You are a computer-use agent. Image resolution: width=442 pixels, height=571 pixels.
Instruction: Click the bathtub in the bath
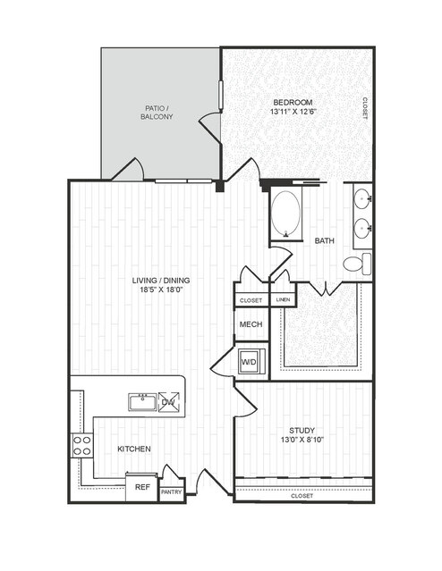point(286,214)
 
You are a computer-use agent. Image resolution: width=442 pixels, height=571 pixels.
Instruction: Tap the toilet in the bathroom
point(357,264)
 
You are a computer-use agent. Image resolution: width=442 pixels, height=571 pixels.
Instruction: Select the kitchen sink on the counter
point(142,402)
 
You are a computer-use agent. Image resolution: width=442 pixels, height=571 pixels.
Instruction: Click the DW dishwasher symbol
point(169,402)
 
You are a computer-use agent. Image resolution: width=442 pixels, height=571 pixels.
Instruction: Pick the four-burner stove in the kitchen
point(82,446)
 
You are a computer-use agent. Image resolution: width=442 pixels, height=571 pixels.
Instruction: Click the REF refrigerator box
point(142,487)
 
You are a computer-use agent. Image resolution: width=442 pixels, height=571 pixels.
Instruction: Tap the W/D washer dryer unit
point(251,362)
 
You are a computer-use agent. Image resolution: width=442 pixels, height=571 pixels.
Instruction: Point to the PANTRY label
point(172,492)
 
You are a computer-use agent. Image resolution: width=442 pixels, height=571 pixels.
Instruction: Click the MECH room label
point(251,324)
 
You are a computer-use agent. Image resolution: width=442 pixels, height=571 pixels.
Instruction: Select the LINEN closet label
point(283,299)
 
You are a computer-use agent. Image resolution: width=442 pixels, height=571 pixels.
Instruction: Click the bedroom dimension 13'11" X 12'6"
point(293,112)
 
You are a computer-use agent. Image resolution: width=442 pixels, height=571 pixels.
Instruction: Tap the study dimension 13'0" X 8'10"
point(302,440)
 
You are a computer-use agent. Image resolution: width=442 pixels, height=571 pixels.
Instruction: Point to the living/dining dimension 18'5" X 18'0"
point(161,290)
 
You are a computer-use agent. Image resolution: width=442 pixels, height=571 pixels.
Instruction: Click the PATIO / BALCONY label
point(157,113)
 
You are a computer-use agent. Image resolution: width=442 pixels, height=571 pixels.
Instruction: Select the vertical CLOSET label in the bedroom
point(365,108)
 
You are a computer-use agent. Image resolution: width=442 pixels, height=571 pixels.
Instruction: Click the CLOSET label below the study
point(302,496)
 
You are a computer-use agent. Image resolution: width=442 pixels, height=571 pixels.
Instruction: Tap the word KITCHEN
point(134,449)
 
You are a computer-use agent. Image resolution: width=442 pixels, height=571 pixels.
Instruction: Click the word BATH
point(325,240)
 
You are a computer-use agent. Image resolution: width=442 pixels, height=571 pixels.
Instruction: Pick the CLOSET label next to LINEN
point(251,300)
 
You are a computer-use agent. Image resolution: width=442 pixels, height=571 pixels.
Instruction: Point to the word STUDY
point(302,431)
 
